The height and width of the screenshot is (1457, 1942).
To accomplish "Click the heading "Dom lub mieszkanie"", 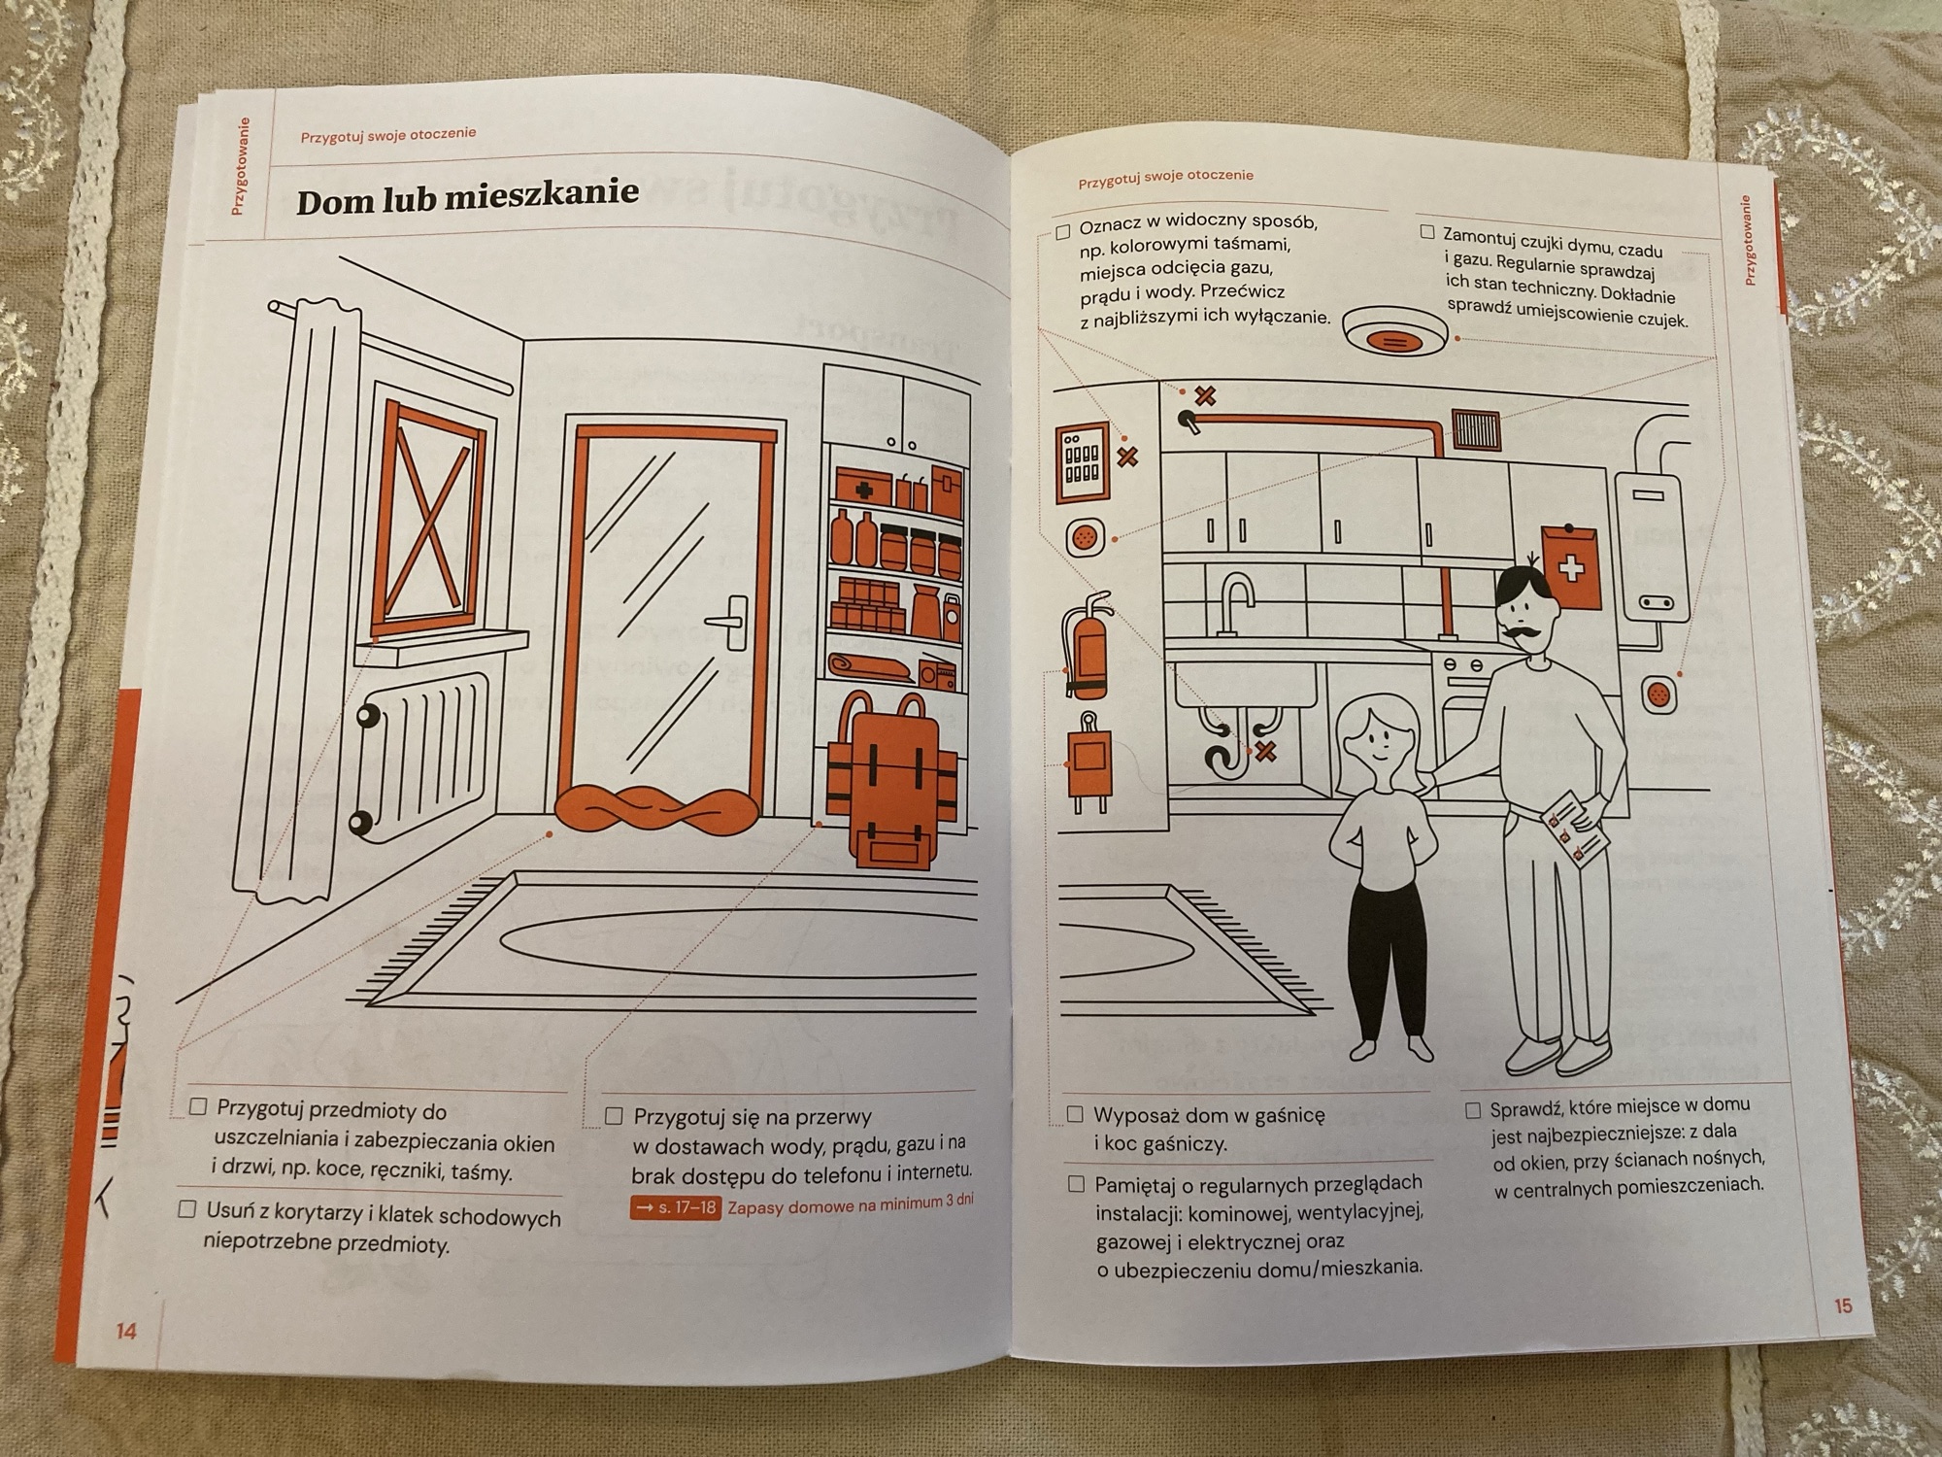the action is click(x=467, y=197).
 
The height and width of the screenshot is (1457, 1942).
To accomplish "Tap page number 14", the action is click(x=126, y=1331).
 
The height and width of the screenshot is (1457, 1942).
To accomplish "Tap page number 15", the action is click(x=1843, y=1305).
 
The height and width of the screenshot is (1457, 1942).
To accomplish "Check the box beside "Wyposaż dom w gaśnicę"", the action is click(x=1075, y=1114).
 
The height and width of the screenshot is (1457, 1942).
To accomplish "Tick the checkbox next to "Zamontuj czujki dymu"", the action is click(x=1426, y=231).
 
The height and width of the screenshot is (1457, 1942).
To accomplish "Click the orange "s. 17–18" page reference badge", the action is click(x=676, y=1208).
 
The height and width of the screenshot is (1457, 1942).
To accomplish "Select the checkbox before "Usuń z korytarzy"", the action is click(x=186, y=1209).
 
